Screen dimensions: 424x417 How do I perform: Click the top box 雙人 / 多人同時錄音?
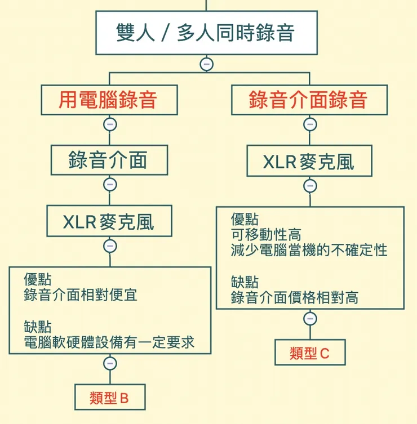tap(206, 32)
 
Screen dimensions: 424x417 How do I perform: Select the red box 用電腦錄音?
tap(109, 100)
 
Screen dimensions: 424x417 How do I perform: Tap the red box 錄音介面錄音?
tap(309, 100)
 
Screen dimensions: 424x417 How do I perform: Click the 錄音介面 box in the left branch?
tap(109, 160)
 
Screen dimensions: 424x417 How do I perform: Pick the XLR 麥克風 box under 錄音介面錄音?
tap(309, 162)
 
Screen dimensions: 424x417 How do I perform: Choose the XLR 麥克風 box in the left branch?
tap(109, 222)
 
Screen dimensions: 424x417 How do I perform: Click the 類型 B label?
tap(110, 398)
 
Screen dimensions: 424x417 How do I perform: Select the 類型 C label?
tap(309, 353)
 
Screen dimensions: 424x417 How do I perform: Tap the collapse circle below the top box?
tap(206, 64)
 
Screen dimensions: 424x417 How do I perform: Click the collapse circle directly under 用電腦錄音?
tap(109, 124)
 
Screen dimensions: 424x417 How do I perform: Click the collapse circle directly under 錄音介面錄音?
tap(309, 124)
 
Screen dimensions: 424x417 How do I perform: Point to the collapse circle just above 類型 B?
tap(110, 364)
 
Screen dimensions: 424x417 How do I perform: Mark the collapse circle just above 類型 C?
tap(309, 319)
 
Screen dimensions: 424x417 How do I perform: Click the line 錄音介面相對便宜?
tap(81, 294)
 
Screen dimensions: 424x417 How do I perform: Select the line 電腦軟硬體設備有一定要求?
tap(109, 342)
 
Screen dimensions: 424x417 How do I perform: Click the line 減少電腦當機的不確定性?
tap(309, 249)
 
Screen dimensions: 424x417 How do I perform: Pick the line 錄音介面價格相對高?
tap(294, 297)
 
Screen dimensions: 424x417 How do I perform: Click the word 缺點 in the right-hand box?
tap(245, 282)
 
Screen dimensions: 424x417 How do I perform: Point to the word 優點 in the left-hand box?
tap(38, 279)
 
